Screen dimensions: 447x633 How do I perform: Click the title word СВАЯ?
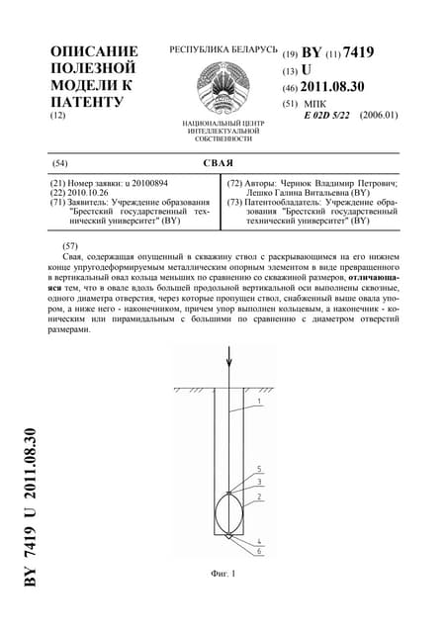tap(223, 162)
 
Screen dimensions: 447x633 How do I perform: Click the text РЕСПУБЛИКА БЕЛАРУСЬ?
tap(223, 48)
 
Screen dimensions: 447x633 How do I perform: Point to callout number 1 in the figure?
tap(258, 402)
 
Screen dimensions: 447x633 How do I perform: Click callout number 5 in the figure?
tap(258, 469)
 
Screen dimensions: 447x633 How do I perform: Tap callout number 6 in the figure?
tap(258, 550)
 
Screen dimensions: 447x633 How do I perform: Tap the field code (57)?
tap(69, 244)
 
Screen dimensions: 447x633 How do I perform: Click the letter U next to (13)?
tap(307, 70)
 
